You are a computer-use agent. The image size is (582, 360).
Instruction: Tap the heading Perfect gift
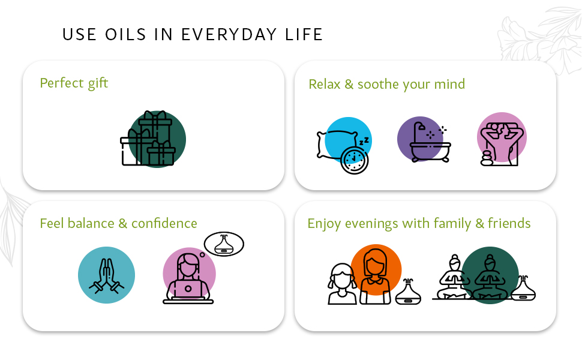[74, 83]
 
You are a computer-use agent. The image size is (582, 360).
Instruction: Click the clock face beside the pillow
[354, 160]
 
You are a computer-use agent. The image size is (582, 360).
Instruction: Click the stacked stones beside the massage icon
[487, 158]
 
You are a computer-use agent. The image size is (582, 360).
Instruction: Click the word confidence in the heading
[164, 224]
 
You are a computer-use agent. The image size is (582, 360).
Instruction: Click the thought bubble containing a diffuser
[224, 244]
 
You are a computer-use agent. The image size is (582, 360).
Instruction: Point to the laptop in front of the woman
[188, 290]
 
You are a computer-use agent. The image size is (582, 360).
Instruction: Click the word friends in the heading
[509, 224]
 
